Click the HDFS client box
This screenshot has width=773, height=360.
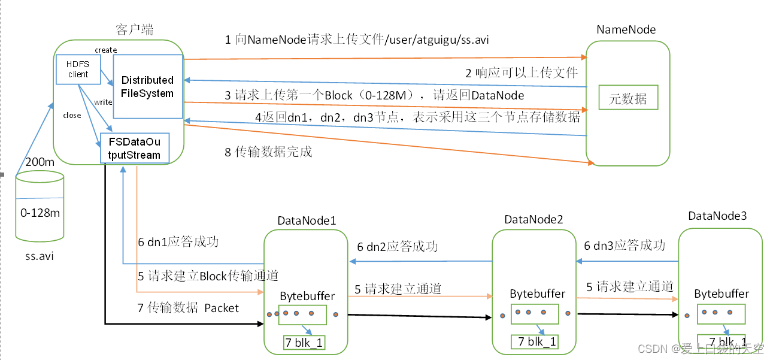point(78,69)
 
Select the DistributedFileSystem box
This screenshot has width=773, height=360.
point(147,87)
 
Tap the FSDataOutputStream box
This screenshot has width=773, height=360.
point(134,148)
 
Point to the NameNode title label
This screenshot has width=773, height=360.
point(626,29)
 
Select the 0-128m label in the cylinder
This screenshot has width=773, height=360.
point(40,213)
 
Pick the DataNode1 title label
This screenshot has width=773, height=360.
point(307,220)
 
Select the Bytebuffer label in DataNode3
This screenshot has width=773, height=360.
point(722,294)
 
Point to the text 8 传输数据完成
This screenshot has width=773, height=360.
point(268,152)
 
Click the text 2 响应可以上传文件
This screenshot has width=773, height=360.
point(522,73)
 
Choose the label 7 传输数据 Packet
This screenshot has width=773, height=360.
point(188,308)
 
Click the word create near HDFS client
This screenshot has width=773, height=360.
point(105,50)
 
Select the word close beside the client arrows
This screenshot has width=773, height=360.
point(72,116)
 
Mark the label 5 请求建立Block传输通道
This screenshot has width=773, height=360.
point(208,276)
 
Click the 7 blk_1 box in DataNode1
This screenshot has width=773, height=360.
point(304,343)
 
